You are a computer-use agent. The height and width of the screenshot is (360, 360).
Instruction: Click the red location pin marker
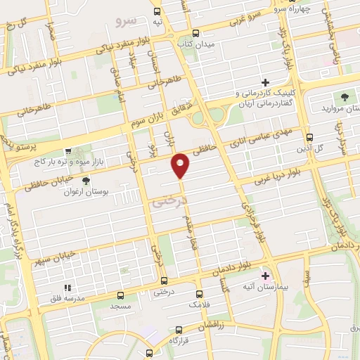coord(181,165)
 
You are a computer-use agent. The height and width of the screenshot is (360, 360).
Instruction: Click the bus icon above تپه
coord(157,11)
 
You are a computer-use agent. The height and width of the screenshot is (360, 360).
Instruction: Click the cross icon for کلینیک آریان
coord(265,83)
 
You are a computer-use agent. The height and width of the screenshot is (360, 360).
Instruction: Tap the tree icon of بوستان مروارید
coord(345,97)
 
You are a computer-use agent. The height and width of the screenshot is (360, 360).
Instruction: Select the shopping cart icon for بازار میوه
coord(67,150)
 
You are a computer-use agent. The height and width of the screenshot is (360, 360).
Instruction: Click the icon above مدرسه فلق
coord(67,288)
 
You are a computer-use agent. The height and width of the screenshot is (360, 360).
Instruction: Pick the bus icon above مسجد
coord(121,295)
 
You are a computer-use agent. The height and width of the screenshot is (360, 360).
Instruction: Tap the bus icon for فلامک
coord(199,294)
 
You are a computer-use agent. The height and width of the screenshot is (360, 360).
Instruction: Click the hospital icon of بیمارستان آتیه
coord(265,276)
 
